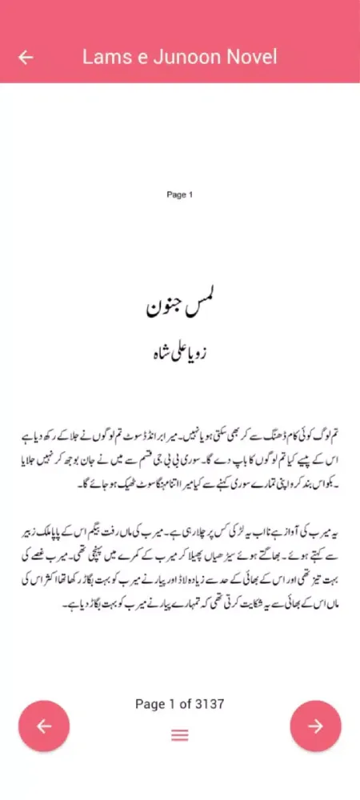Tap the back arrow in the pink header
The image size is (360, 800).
click(26, 57)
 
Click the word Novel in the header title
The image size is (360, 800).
click(250, 57)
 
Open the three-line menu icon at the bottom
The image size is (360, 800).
click(179, 735)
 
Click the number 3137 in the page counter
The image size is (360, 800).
click(209, 704)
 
